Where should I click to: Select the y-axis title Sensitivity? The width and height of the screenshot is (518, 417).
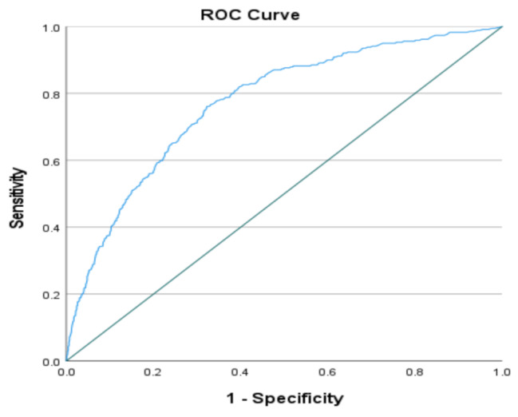pyautogui.click(x=18, y=198)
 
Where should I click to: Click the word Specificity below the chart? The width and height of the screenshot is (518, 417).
pyautogui.click(x=298, y=399)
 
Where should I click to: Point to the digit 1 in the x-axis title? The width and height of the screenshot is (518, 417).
pyautogui.click(x=231, y=398)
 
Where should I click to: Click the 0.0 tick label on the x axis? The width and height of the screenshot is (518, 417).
pyautogui.click(x=66, y=373)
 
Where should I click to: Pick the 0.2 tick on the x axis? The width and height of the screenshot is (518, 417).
pyautogui.click(x=153, y=373)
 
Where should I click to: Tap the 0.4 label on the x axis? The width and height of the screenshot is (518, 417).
pyautogui.click(x=240, y=373)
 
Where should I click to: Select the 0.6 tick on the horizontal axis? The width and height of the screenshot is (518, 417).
pyautogui.click(x=327, y=373)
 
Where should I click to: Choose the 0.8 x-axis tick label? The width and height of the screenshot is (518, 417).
pyautogui.click(x=414, y=373)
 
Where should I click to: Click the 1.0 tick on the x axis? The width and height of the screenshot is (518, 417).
pyautogui.click(x=502, y=373)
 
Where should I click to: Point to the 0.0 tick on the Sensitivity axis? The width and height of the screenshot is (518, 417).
pyautogui.click(x=51, y=362)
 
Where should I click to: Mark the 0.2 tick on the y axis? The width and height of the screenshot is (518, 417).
pyautogui.click(x=51, y=295)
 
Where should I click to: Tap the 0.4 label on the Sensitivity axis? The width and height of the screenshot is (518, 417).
pyautogui.click(x=51, y=228)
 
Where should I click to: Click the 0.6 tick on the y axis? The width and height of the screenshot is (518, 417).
pyautogui.click(x=51, y=161)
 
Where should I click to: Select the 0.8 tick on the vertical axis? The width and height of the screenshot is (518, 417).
pyautogui.click(x=51, y=94)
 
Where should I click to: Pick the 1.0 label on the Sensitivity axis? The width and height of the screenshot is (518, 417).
pyautogui.click(x=51, y=28)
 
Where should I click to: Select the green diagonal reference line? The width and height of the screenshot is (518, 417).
pyautogui.click(x=284, y=194)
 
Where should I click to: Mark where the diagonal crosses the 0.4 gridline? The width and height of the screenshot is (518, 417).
pyautogui.click(x=240, y=227)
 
